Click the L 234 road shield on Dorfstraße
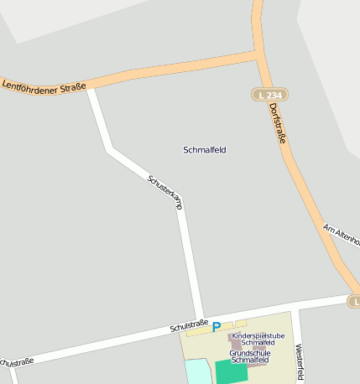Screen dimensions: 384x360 coord(270,96)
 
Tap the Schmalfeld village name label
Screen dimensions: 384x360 coord(205,150)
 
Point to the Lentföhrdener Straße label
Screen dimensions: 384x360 coord(44,84)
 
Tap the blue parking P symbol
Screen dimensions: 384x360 coord(217,327)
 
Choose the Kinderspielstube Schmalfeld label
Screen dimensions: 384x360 coord(258,339)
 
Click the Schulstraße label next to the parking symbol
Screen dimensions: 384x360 coord(188,324)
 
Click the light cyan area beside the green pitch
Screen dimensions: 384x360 coord(197,372)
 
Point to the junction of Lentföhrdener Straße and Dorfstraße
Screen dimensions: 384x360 coord(257,55)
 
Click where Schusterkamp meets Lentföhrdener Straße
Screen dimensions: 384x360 coord(90,85)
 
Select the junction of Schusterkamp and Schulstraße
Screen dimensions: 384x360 coord(200,319)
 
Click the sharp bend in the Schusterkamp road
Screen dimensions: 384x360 coord(111,150)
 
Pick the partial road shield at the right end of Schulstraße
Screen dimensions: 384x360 coord(355,300)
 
